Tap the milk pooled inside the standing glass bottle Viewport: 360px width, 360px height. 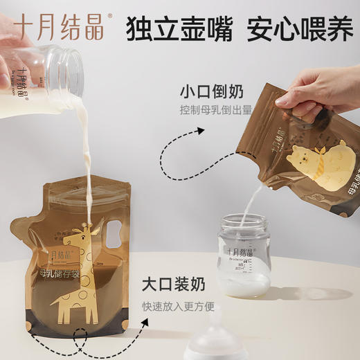pyautogui.click(x=244, y=282)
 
